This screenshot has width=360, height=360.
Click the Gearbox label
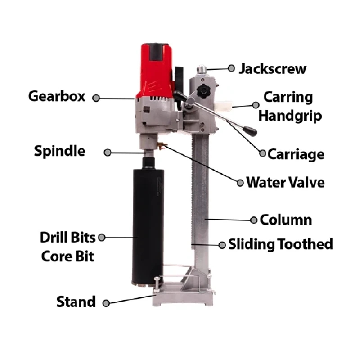coord(56,96)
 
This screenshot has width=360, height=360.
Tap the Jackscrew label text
coord(273,69)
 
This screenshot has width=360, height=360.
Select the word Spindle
coord(59,151)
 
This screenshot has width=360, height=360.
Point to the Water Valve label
coord(285,182)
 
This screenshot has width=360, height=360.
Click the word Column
coord(286,220)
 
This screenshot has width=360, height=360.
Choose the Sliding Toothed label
coord(280,244)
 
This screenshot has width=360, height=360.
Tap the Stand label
coord(76,301)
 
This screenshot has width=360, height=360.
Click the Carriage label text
coord(296,154)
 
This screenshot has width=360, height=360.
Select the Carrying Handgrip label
coord(292,106)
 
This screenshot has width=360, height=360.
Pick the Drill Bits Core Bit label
coord(67,247)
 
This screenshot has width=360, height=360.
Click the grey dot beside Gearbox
coord(96,98)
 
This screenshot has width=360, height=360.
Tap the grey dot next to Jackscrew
coord(231,68)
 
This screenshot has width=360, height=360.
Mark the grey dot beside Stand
coord(106,303)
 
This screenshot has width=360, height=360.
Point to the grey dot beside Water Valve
coord(239,182)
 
